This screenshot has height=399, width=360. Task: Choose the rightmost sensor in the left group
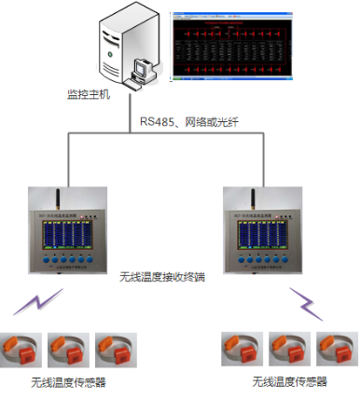pos(115,347)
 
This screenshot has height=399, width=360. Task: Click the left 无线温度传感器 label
pos(68,382)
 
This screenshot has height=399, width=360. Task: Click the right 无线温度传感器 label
pos(289,382)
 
